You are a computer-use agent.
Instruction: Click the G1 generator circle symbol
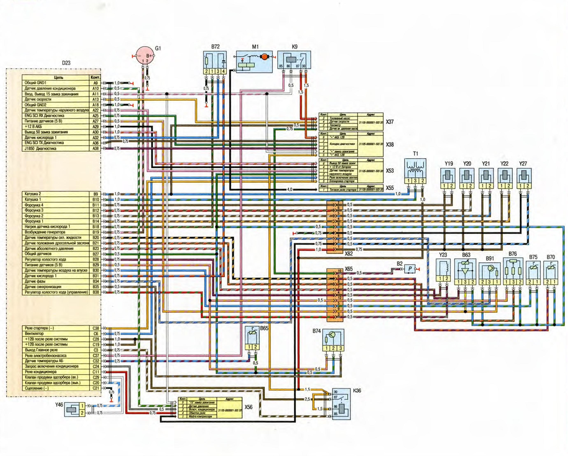pyautogui.click(x=144, y=55)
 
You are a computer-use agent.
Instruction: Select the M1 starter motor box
pyautogui.click(x=254, y=62)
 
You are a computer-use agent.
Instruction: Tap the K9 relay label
pyautogui.click(x=295, y=47)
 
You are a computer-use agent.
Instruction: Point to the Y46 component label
pyautogui.click(x=59, y=405)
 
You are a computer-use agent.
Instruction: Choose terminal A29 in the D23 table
pyautogui.click(x=95, y=127)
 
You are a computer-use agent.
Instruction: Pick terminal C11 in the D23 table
pyautogui.click(x=96, y=372)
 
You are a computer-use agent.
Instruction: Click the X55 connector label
pyautogui.click(x=390, y=188)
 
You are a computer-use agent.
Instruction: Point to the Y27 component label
pyautogui.click(x=523, y=164)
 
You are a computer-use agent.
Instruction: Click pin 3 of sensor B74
pyautogui.click(x=341, y=348)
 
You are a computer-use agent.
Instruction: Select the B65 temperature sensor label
pyautogui.click(x=264, y=328)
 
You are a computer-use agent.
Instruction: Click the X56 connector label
pyautogui.click(x=249, y=407)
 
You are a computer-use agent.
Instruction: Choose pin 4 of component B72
pyautogui.click(x=223, y=71)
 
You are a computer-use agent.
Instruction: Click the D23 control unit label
pyautogui.click(x=66, y=63)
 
